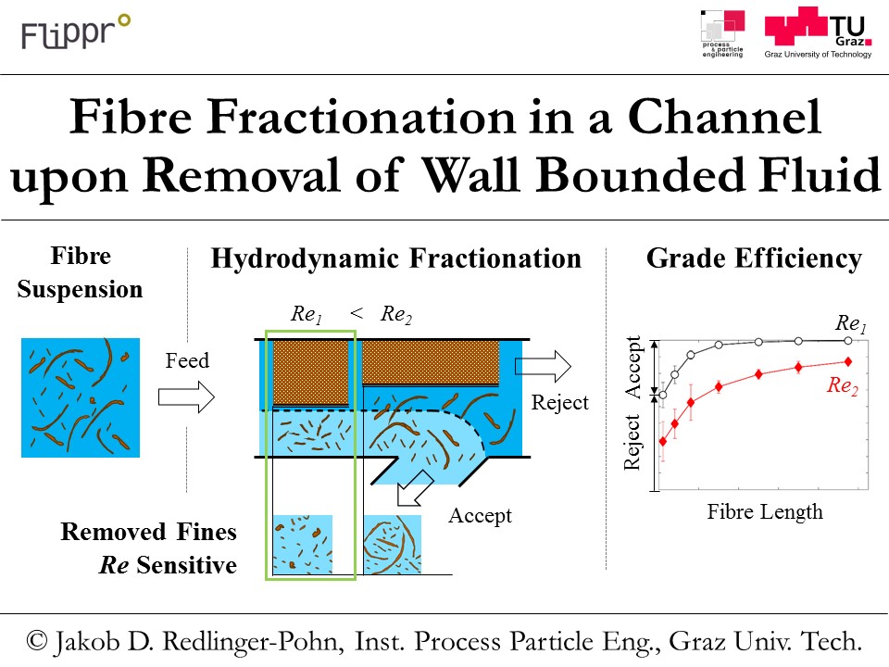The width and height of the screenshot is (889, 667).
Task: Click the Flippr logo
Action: click(x=76, y=31)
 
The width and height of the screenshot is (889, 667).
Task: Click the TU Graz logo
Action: click(x=818, y=33)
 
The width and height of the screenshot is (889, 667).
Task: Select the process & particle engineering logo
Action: click(x=722, y=34)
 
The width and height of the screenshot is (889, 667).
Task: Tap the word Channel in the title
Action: click(x=724, y=117)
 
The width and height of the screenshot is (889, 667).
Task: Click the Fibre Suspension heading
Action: click(x=80, y=272)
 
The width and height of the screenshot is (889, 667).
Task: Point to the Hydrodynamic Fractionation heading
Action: click(x=395, y=258)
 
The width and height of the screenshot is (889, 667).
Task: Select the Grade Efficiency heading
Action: click(x=754, y=258)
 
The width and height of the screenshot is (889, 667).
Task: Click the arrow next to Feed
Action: click(x=186, y=396)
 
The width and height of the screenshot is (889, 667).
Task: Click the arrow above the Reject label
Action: click(x=543, y=366)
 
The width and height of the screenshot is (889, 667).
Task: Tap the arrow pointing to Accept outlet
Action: click(x=415, y=488)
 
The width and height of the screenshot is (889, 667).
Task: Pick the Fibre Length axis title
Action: click(x=764, y=511)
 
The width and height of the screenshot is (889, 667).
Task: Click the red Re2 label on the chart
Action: click(x=843, y=385)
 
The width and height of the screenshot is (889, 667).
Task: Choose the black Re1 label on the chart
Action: click(x=851, y=324)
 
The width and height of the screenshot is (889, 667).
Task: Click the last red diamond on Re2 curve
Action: click(x=848, y=361)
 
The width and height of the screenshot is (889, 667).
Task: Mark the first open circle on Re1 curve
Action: click(x=663, y=395)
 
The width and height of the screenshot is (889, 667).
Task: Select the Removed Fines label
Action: click(x=148, y=532)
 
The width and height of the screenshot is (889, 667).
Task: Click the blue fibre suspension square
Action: click(x=81, y=397)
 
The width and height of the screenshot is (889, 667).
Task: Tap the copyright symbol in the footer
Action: click(x=37, y=641)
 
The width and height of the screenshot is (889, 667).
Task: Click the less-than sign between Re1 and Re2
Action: click(x=357, y=312)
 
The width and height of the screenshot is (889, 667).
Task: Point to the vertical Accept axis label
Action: click(x=632, y=367)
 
